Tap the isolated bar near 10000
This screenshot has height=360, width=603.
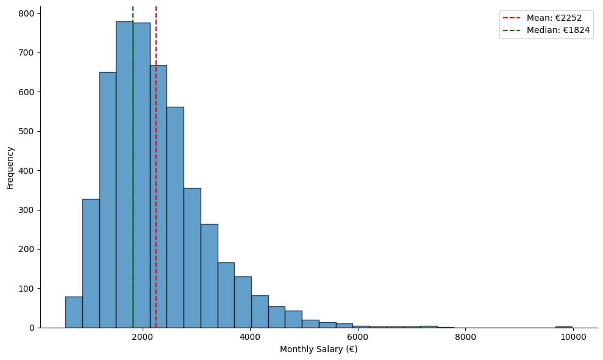tap(563, 326)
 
